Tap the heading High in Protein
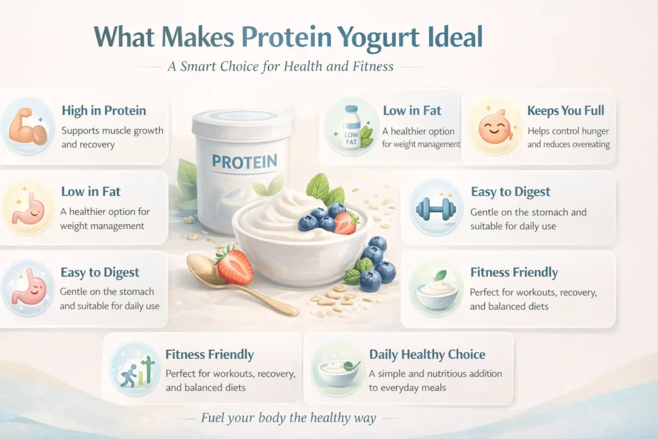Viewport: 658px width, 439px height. pyautogui.click(x=104, y=111)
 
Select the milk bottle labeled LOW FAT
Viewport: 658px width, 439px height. pyautogui.click(x=351, y=127)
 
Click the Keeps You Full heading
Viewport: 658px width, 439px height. pyautogui.click(x=565, y=111)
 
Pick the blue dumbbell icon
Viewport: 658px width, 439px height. pyautogui.click(x=435, y=208)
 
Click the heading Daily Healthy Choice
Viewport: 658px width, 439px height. pyautogui.click(x=427, y=354)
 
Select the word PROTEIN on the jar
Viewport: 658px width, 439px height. pyautogui.click(x=244, y=161)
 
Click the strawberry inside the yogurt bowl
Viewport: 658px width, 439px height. pyautogui.click(x=346, y=222)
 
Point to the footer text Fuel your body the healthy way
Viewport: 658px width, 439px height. pyautogui.click(x=288, y=418)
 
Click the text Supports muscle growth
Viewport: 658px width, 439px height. pyautogui.click(x=112, y=130)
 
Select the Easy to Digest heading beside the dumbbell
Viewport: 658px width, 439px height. pyautogui.click(x=510, y=192)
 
